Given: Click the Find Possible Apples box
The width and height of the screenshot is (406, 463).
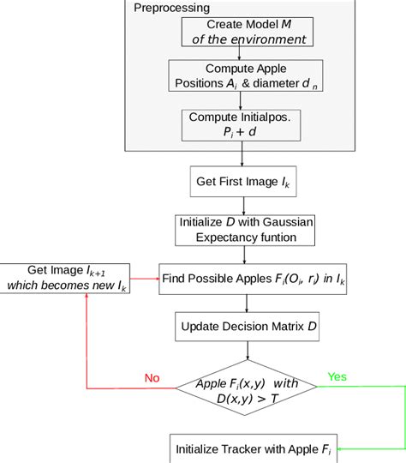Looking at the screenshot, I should click(254, 279).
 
